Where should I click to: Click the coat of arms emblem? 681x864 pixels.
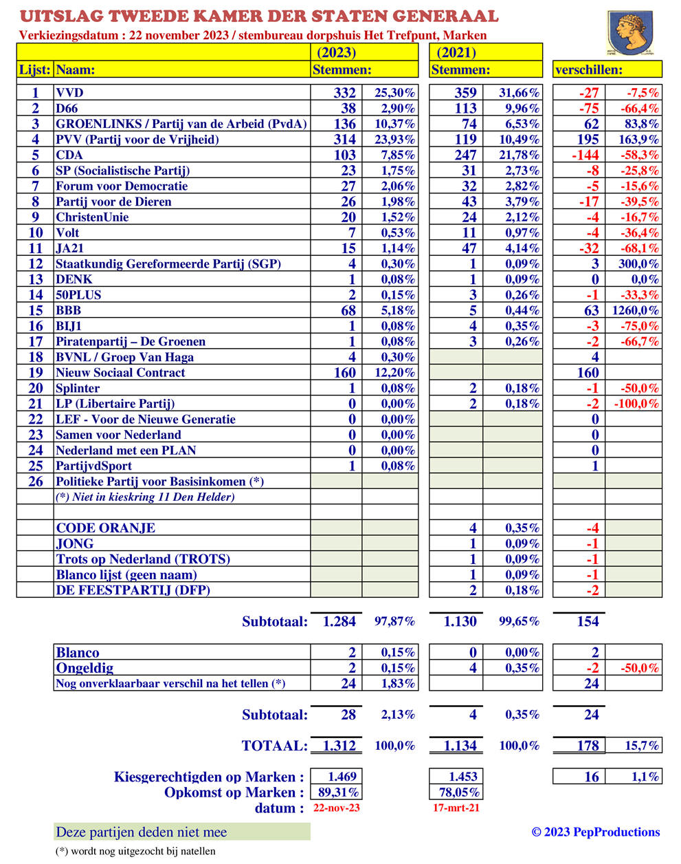(x=629, y=32)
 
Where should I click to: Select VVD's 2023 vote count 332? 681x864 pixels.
(x=344, y=93)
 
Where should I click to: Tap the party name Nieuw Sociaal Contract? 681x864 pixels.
(x=120, y=373)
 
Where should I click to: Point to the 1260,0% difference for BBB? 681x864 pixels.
(x=634, y=311)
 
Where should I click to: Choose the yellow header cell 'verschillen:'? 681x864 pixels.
(x=607, y=69)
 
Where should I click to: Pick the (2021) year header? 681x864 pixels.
(x=456, y=52)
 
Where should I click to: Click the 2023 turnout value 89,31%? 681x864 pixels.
(x=337, y=792)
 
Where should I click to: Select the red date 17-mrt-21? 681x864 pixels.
(x=456, y=808)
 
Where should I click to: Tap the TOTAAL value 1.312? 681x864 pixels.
(x=339, y=746)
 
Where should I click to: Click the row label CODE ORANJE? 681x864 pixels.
(x=106, y=528)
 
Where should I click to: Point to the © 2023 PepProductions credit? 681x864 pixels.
(x=595, y=832)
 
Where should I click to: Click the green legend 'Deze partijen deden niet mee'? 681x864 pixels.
(x=142, y=832)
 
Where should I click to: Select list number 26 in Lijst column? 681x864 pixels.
(x=35, y=482)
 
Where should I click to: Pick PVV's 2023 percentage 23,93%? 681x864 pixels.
(x=394, y=140)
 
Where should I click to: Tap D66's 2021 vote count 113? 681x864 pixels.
(x=465, y=109)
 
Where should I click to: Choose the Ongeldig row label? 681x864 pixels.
(x=85, y=668)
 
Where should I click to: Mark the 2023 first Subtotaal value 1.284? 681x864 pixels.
(x=339, y=622)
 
